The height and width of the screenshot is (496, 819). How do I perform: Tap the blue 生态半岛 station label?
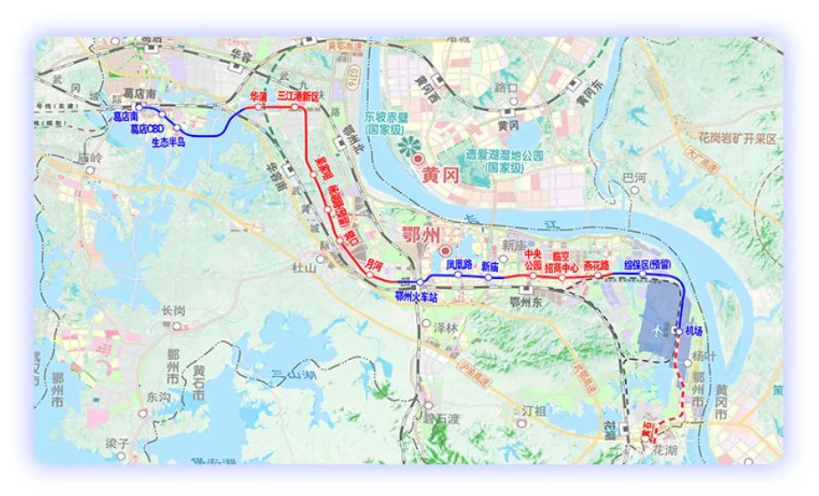point(168,141)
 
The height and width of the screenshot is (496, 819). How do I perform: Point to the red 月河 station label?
point(374,264)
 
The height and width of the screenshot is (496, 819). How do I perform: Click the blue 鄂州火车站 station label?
point(417,297)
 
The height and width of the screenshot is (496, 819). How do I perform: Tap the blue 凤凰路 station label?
point(459,265)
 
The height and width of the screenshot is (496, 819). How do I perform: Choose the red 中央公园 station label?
point(534,259)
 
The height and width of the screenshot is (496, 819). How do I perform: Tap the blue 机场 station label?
point(694,331)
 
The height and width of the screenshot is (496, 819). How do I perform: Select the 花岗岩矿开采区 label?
point(727,140)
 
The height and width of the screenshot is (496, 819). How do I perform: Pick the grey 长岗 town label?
point(173,310)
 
